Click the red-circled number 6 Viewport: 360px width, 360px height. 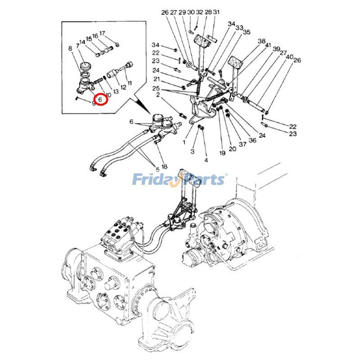[100, 98]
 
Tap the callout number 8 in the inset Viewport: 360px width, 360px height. [70, 49]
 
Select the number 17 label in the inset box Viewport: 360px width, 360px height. [102, 33]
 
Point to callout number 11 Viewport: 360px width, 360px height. [129, 84]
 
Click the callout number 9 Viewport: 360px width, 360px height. [93, 103]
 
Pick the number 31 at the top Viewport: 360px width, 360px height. [216, 12]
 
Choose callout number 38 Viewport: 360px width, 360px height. [261, 41]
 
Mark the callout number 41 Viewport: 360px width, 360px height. [268, 45]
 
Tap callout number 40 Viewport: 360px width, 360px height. [290, 57]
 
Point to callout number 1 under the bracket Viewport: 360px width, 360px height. [184, 142]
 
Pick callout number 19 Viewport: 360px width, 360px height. [222, 153]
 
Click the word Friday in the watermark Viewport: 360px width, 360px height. [153, 180]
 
